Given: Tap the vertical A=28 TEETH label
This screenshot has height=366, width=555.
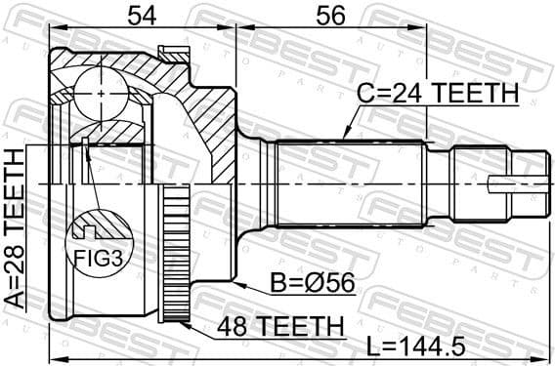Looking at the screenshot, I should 16,229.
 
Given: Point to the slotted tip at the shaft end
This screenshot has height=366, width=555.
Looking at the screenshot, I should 507,183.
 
